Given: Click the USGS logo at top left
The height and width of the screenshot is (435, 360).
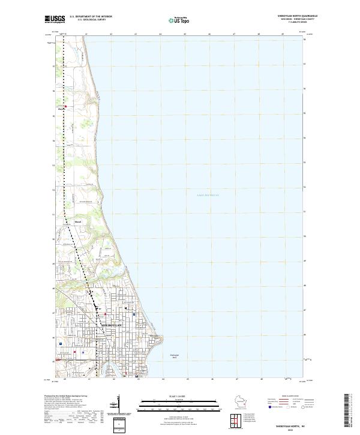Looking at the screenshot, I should point(55,19).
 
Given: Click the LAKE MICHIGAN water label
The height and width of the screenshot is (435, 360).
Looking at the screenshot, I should point(208,195).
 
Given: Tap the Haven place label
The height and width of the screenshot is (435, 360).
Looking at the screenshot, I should point(61,109).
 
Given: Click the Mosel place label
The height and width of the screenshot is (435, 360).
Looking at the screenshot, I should point(77,221).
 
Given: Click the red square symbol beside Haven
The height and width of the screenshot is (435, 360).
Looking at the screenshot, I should point(65,107).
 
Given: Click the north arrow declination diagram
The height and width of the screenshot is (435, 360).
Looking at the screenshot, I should point(119,406).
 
